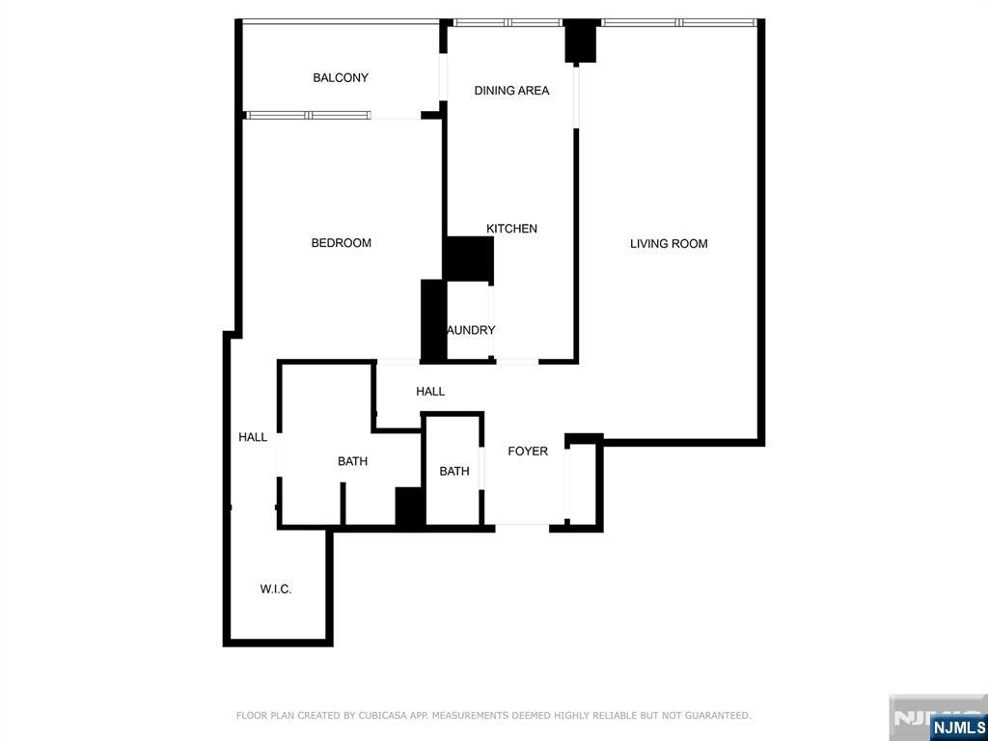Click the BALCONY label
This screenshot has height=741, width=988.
pos(341,78)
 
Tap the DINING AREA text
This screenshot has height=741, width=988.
pos(511,91)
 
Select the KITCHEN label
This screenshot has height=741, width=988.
pos(511,229)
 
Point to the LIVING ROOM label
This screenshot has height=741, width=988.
pos(669,244)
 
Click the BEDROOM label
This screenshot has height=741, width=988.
pos(341,243)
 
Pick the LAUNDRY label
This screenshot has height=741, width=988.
pos(471,330)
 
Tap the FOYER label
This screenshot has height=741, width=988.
pos(528,452)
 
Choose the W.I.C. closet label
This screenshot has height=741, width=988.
pos(276,590)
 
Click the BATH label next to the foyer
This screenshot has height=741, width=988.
pos(454,472)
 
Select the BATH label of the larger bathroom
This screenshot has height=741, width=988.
pos(352,462)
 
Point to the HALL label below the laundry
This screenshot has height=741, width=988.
pos(430,392)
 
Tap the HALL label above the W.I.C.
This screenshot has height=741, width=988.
pos(253,438)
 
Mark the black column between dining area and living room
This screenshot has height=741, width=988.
pos(580,41)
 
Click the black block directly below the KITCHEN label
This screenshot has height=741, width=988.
pos(469,260)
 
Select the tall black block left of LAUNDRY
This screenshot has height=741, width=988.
pos(433,320)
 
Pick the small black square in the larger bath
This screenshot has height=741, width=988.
pos(410,507)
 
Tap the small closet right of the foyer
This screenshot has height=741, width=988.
pos(584,482)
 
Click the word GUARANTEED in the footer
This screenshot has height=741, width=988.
pos(718,716)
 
